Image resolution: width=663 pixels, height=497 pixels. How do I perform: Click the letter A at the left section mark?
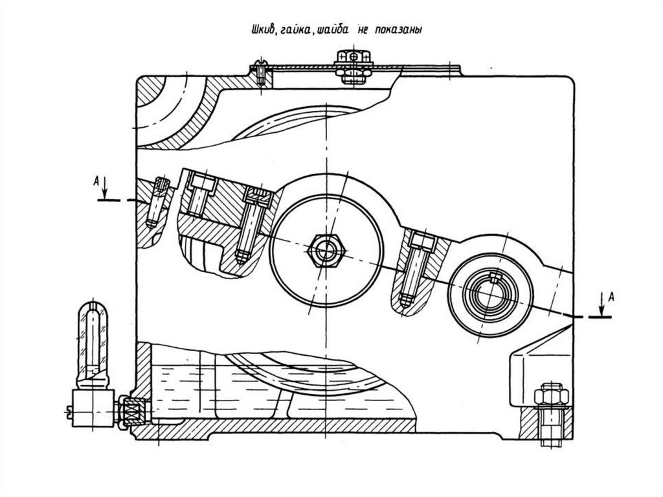click(96, 181)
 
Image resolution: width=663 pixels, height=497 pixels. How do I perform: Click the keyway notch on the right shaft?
click(495, 278)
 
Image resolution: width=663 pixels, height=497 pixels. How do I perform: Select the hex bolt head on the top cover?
click(354, 56)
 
